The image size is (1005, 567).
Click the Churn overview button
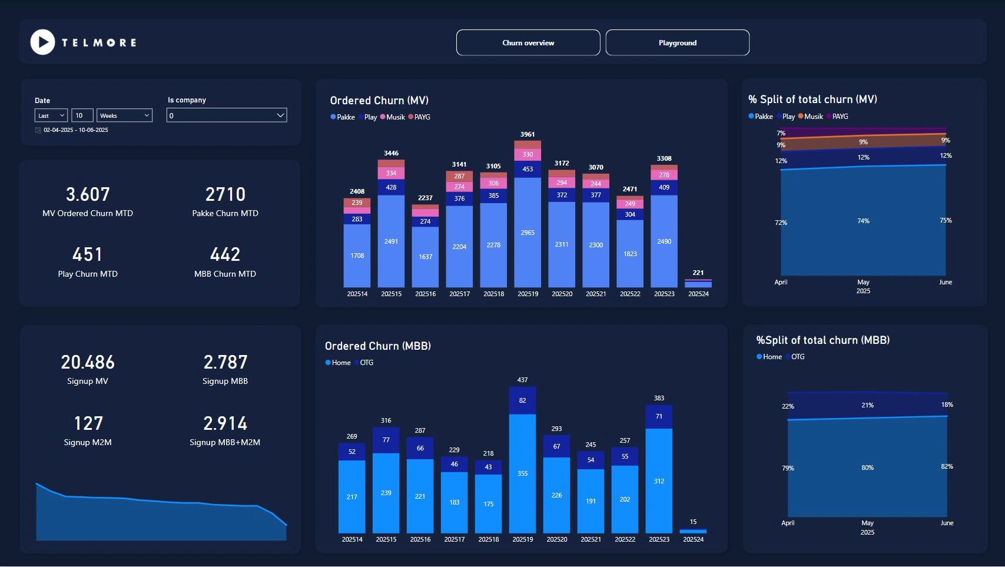click(x=528, y=43)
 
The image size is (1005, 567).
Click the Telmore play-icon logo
click(x=42, y=42)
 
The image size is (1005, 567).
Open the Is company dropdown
click(x=227, y=115)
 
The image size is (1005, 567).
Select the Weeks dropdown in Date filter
click(x=125, y=115)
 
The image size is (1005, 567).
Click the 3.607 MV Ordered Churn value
click(x=88, y=194)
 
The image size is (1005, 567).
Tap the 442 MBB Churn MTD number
click(x=225, y=254)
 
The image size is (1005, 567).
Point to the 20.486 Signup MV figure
click(x=88, y=362)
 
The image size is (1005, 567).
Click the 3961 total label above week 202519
click(x=528, y=134)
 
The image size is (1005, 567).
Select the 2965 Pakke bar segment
click(x=528, y=233)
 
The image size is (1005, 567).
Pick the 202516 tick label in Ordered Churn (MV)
click(x=425, y=294)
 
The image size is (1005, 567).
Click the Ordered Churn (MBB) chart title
click(x=378, y=346)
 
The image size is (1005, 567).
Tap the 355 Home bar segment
click(x=522, y=473)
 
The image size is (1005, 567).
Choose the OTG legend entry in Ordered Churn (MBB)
click(x=366, y=363)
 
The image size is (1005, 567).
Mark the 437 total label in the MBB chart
click(x=522, y=380)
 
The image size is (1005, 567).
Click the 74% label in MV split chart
click(x=863, y=221)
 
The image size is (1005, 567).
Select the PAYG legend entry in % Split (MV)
click(x=840, y=117)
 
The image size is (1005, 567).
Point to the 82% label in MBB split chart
click(x=947, y=466)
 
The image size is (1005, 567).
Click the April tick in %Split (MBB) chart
click(x=788, y=523)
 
